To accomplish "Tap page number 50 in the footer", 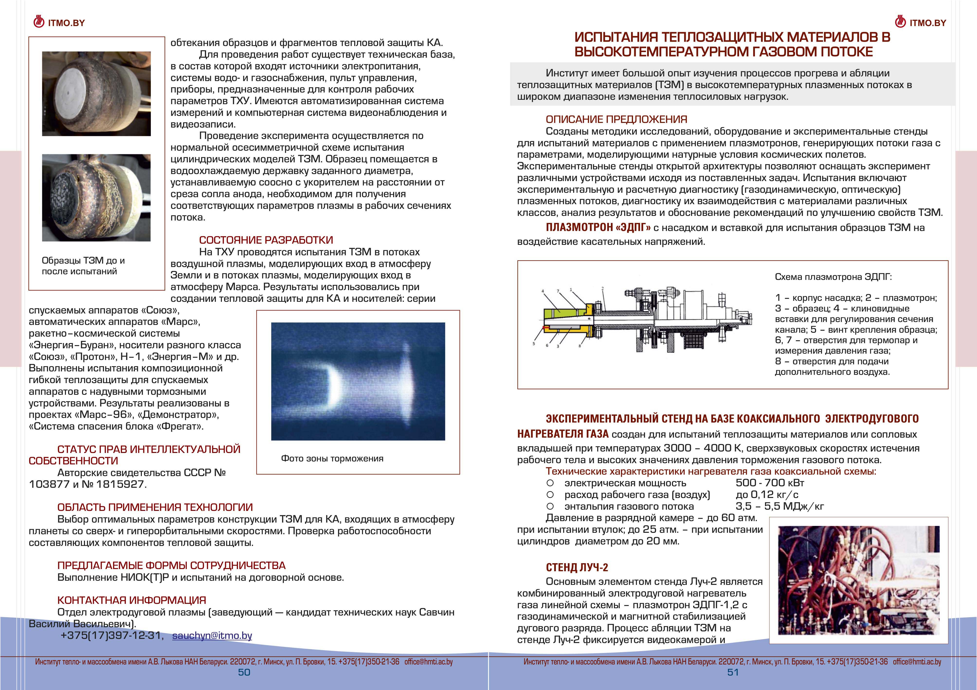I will point(244,672).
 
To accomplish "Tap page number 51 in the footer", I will point(733,672).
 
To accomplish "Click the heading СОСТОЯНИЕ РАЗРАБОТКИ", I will point(266,240).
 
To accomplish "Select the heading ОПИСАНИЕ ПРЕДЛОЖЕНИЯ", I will point(616,120).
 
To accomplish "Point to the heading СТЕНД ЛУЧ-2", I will point(577,567).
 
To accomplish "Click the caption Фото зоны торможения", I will point(332,459).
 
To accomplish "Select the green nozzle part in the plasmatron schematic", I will point(562,315).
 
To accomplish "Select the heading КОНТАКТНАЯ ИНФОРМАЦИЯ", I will point(131,600).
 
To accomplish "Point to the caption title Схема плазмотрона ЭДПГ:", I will point(833,277).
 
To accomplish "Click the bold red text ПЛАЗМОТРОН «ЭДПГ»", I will point(598,228).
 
